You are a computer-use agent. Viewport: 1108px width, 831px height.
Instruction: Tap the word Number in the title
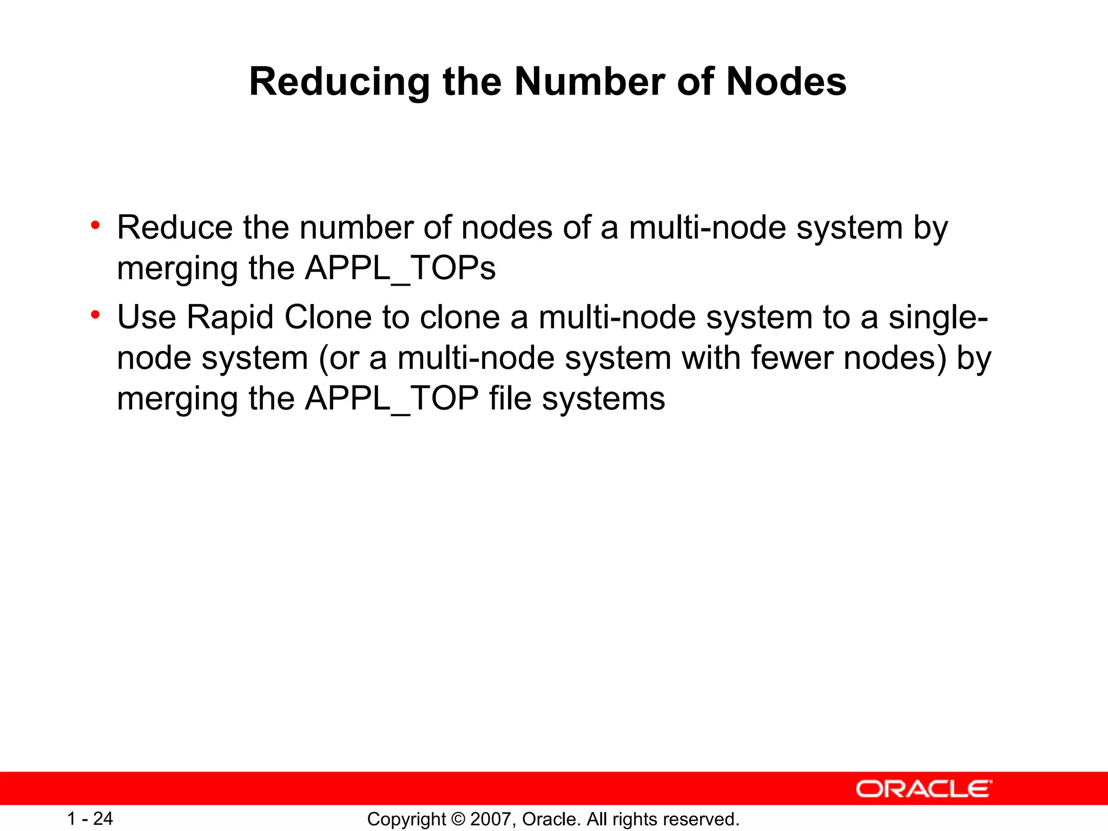click(x=590, y=82)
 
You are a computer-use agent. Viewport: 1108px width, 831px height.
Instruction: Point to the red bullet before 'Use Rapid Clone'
click(x=95, y=314)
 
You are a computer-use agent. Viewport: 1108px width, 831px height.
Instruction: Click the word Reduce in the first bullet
click(x=175, y=227)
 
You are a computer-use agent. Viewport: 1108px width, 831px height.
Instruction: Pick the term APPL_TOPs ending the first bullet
click(x=400, y=268)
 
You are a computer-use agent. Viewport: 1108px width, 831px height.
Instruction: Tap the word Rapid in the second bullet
click(x=230, y=317)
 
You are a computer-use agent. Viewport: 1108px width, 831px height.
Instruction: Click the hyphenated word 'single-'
click(x=938, y=317)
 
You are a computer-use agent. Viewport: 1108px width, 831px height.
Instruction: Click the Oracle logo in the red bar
click(x=924, y=789)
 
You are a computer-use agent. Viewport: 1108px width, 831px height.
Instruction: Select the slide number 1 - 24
click(x=90, y=819)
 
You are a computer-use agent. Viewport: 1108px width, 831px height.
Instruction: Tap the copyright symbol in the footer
click(x=457, y=819)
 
